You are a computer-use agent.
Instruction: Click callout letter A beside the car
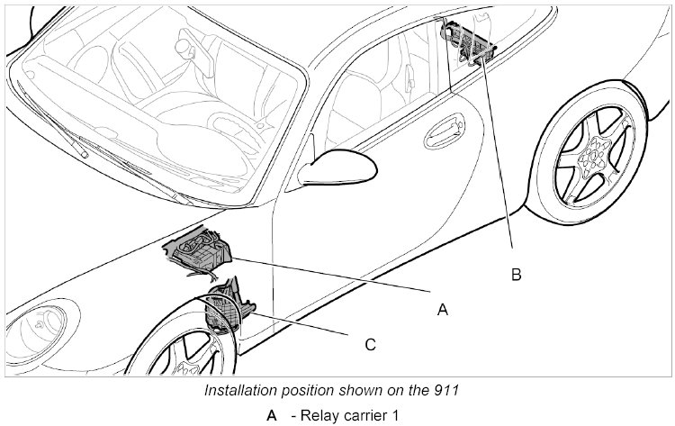point(442,309)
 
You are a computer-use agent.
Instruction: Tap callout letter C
point(370,343)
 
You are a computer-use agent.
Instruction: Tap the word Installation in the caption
point(239,392)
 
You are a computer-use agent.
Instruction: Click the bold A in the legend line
point(271,415)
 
